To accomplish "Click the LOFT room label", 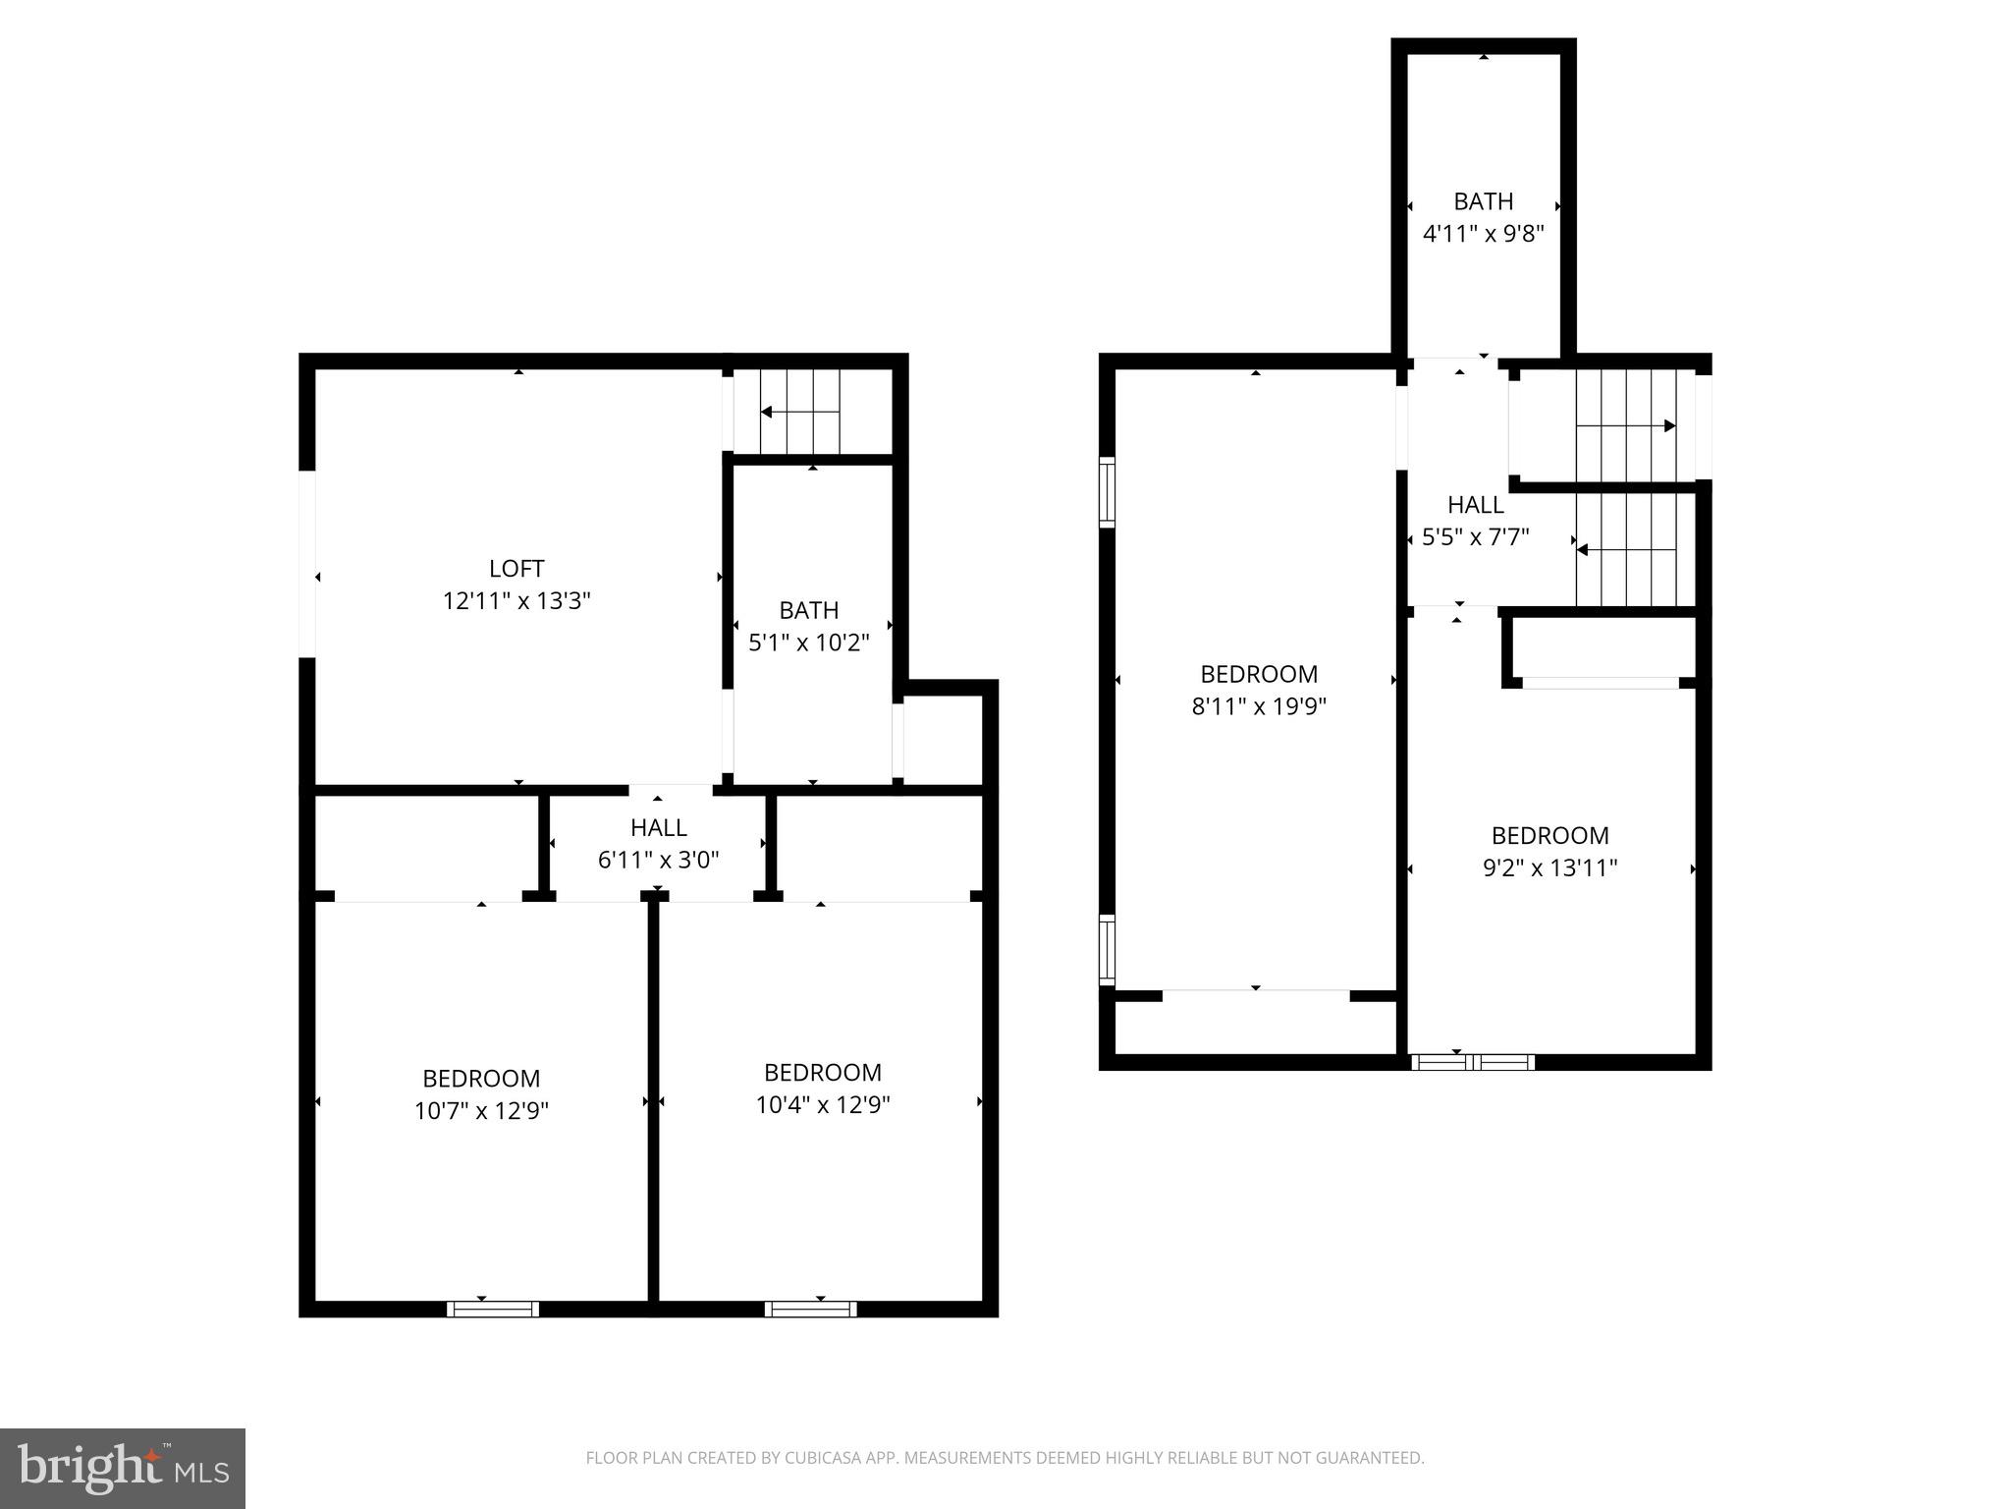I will coord(516,569).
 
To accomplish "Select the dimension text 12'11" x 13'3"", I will coord(516,601).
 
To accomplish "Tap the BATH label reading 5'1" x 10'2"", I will coord(808,627).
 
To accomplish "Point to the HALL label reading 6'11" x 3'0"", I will coord(658,844).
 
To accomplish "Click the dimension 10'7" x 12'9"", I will coord(481,1111).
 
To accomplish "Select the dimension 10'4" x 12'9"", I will coord(822,1105).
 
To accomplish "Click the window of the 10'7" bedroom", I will coord(492,1309).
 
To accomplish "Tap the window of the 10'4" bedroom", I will coord(810,1309).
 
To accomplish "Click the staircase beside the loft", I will coord(800,412).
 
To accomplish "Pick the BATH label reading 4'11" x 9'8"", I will coord(1483,217).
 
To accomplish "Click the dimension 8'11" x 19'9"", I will coord(1259,706).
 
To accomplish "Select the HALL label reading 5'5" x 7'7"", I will coord(1475,521).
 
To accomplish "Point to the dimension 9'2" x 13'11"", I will coord(1549,868).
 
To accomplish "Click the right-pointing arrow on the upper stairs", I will coord(1668,426).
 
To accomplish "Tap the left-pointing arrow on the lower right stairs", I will coord(1583,550).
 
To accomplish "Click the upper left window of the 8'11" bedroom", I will coord(1107,491).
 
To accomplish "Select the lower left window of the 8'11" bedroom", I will coord(1107,949).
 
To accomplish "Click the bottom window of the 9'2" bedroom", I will coord(1472,1062).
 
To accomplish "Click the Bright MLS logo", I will coord(122,1469).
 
